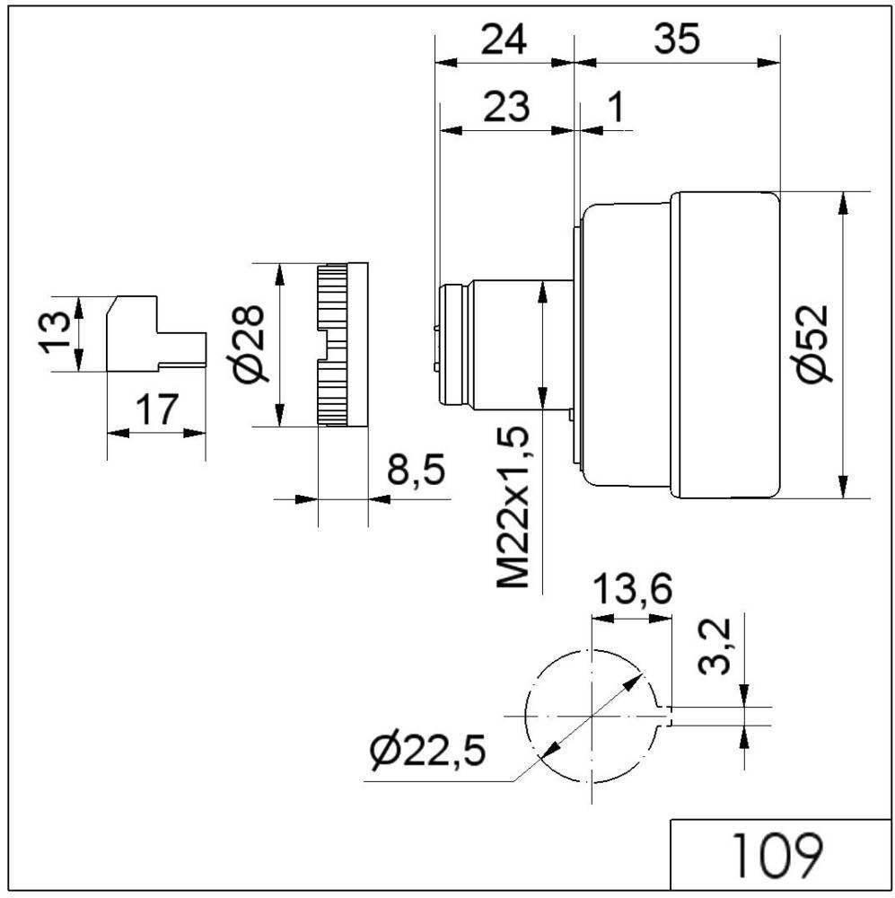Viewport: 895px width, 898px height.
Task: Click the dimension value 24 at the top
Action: coord(502,40)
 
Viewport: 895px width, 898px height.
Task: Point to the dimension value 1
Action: coord(616,107)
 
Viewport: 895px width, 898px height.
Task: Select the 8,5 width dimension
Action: coord(416,471)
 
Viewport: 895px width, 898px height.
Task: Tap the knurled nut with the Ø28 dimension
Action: coord(342,344)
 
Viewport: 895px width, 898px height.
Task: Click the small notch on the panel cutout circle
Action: coord(667,716)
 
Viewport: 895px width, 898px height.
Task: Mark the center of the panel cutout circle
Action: coord(592,716)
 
